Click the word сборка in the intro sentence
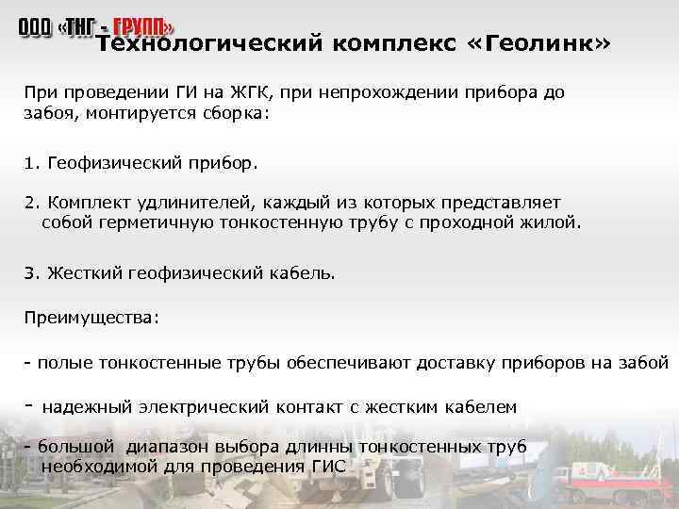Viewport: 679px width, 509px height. [x=235, y=113]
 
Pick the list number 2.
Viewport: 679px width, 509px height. [x=30, y=203]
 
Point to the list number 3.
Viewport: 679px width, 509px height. [x=30, y=272]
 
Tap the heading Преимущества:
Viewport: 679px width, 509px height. [x=91, y=317]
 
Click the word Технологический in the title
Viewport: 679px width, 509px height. [x=206, y=43]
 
